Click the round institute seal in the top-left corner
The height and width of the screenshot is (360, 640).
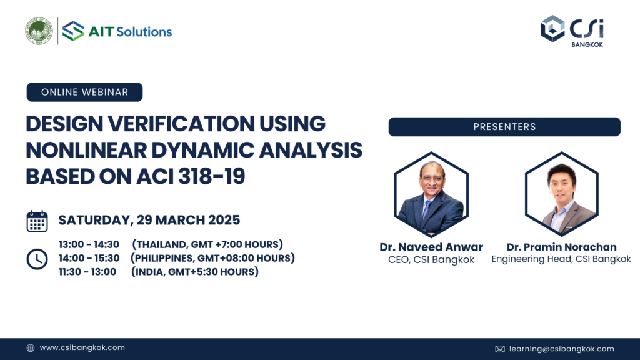(x=39, y=31)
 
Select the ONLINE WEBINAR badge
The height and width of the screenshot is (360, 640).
(x=84, y=92)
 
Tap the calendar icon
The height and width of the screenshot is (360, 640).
(x=37, y=221)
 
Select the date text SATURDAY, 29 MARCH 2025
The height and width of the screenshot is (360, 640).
(x=149, y=221)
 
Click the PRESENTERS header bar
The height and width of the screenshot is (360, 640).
(x=504, y=127)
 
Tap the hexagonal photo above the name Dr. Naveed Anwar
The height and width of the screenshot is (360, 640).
(x=431, y=194)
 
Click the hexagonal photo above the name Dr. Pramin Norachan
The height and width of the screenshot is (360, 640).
(x=561, y=194)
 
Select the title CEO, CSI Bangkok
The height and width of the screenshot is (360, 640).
(x=431, y=260)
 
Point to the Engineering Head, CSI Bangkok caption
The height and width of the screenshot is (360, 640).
(x=561, y=259)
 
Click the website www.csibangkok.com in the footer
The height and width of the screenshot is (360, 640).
(x=82, y=348)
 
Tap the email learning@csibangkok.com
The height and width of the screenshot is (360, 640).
(x=561, y=349)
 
